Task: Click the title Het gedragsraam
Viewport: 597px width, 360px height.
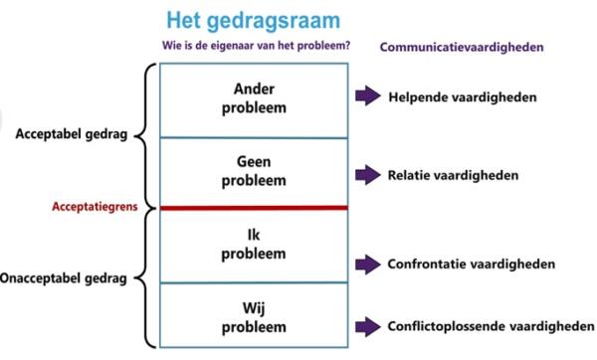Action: pyautogui.click(x=253, y=21)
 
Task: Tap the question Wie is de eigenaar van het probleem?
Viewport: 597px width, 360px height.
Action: pyautogui.click(x=255, y=47)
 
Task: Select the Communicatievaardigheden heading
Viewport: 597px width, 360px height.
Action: pyautogui.click(x=463, y=47)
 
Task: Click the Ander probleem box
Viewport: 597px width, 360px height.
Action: pyautogui.click(x=253, y=99)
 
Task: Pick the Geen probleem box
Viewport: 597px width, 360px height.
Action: pyautogui.click(x=253, y=172)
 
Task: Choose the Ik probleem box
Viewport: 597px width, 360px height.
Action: pyautogui.click(x=253, y=245)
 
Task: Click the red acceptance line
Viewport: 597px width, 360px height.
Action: pyautogui.click(x=253, y=208)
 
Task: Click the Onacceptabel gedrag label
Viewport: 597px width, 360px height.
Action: pyautogui.click(x=64, y=279)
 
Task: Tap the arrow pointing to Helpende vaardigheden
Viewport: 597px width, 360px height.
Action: pyautogui.click(x=368, y=97)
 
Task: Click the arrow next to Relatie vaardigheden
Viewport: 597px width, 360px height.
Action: pyautogui.click(x=368, y=175)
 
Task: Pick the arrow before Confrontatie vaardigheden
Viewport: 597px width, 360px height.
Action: pyautogui.click(x=368, y=264)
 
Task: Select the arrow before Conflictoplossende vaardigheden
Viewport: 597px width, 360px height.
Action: pyautogui.click(x=368, y=324)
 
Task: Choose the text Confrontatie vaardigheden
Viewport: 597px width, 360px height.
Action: pyautogui.click(x=470, y=264)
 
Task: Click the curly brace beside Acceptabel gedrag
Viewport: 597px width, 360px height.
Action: pyautogui.click(x=145, y=135)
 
